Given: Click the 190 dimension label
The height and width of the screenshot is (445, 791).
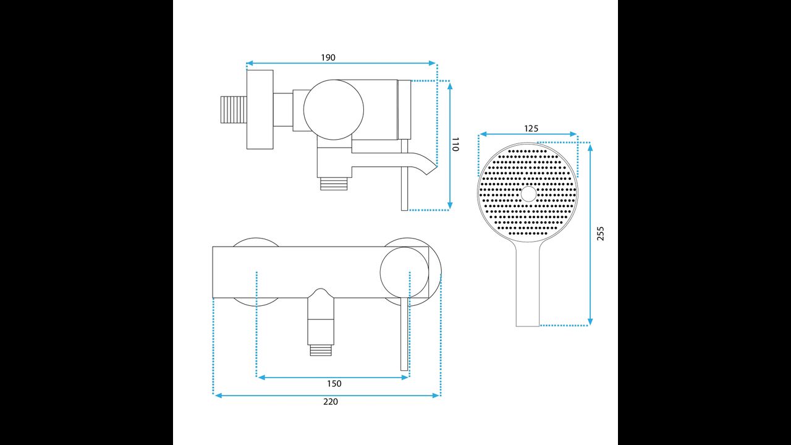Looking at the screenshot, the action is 328,57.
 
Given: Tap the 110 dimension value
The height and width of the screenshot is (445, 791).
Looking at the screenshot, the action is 455,144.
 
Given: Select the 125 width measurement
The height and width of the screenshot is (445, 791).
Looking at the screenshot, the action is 531,129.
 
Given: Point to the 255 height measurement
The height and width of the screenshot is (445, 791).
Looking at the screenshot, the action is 600,234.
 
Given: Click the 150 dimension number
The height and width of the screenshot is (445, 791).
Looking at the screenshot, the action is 334,384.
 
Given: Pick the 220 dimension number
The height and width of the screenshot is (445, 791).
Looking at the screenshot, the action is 331,402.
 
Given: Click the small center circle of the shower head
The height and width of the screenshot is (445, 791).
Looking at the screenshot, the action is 528,194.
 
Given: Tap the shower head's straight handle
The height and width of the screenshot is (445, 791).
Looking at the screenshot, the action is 528,284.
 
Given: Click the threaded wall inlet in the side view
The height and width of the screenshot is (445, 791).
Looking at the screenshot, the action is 234,109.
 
